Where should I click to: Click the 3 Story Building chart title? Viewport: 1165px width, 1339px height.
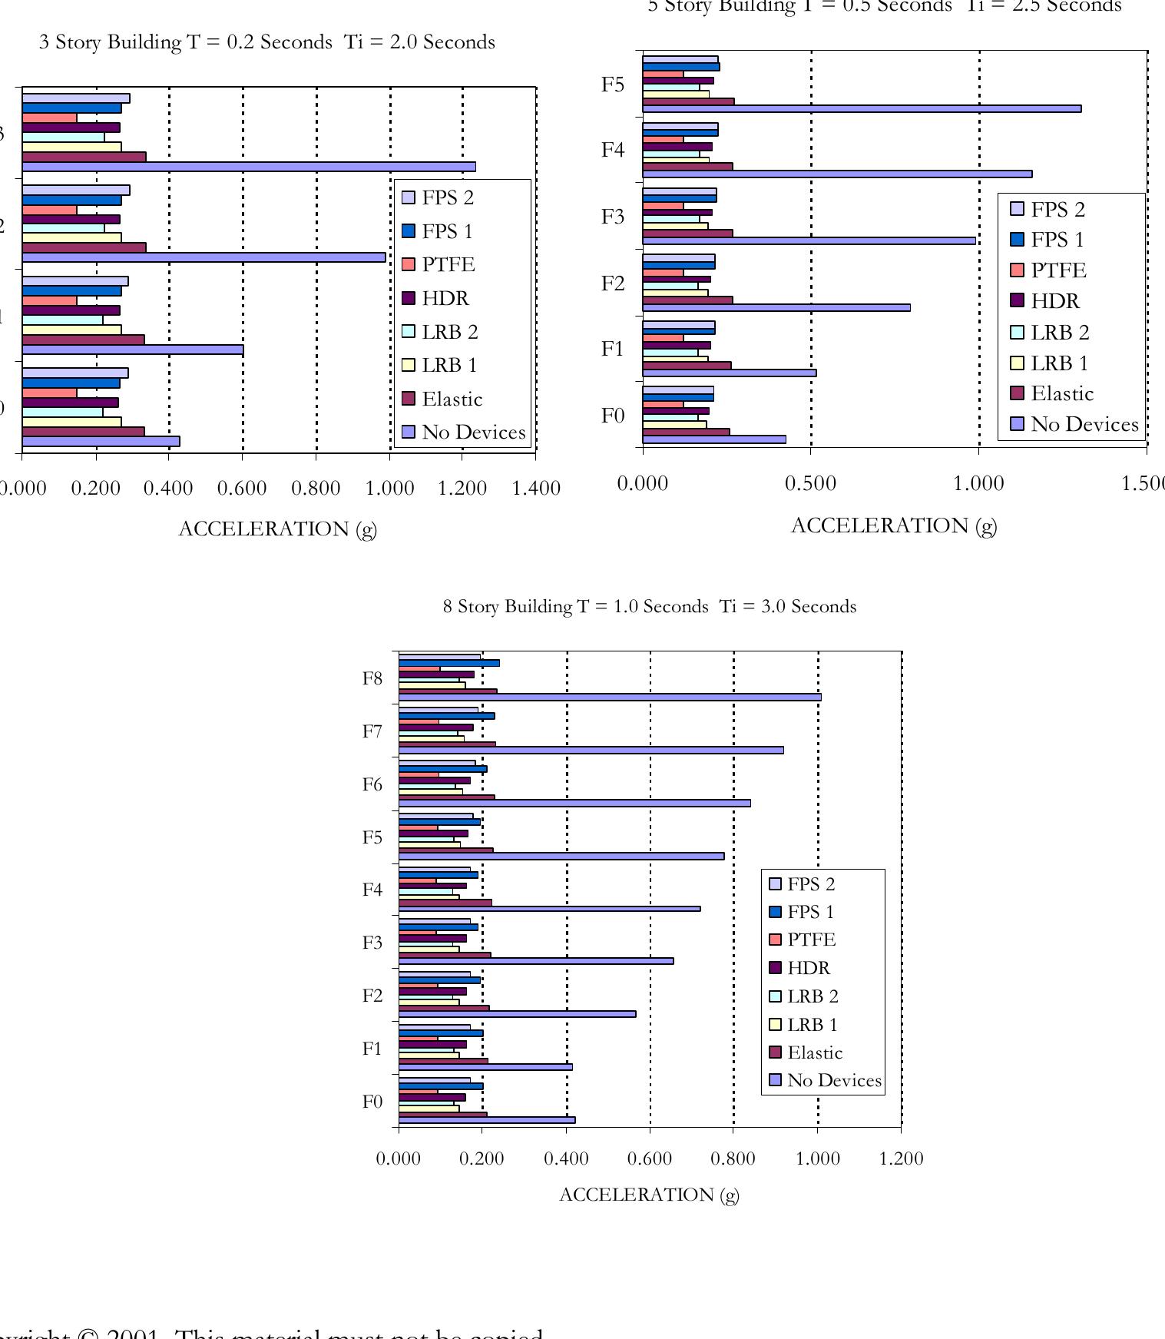266,42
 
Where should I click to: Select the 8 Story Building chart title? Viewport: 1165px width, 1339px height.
649,607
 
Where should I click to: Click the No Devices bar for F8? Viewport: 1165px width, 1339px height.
610,698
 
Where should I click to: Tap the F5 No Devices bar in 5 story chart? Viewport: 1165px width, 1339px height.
861,109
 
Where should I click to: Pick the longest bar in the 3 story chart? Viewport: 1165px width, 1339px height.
249,167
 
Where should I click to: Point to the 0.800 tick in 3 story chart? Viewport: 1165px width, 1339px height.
316,489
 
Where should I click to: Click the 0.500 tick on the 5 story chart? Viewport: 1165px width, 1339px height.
810,484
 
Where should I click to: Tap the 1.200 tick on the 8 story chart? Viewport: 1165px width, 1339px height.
901,1159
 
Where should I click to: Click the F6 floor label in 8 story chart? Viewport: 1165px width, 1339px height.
372,785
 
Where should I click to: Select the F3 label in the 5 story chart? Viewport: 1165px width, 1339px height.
613,217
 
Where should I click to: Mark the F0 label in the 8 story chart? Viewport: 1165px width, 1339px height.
372,1102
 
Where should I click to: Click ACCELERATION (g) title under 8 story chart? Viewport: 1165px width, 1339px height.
649,1195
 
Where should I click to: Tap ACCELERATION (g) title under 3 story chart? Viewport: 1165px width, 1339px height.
277,529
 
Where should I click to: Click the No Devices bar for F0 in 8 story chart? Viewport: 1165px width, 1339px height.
486,1120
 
